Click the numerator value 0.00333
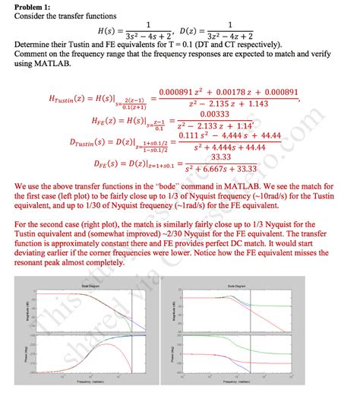tap(219, 113)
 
